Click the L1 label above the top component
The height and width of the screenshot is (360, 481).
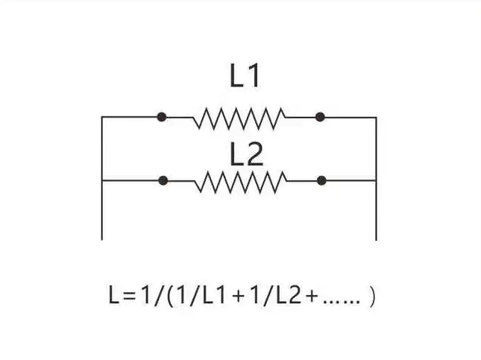coord(245,77)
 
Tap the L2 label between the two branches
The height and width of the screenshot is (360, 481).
coord(246,154)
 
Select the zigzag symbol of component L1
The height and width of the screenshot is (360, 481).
coord(239,118)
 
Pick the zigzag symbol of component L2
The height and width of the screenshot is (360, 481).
coord(240,181)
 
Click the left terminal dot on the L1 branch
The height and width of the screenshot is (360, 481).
coord(162,117)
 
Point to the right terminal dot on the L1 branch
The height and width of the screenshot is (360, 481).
coord(320,117)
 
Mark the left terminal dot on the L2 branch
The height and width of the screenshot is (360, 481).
coord(163,180)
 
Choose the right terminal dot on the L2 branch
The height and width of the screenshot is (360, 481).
coord(321,180)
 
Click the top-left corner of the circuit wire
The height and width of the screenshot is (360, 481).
coord(102,117)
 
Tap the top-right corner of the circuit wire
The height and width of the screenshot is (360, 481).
coord(376,117)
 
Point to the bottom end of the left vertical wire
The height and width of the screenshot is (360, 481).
coord(102,239)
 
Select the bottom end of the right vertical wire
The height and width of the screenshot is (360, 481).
coord(376,239)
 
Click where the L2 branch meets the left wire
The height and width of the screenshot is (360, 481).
coord(102,180)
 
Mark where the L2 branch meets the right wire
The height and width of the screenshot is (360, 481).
coord(376,180)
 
